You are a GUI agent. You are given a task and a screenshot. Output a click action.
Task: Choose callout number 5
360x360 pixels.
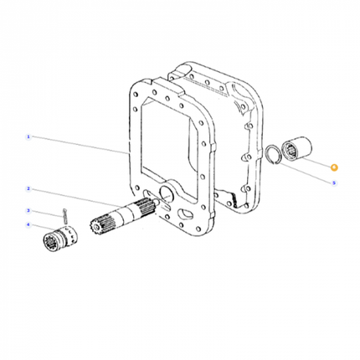[x=334, y=183]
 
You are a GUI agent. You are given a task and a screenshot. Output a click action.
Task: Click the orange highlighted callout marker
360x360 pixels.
[x=334, y=167]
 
